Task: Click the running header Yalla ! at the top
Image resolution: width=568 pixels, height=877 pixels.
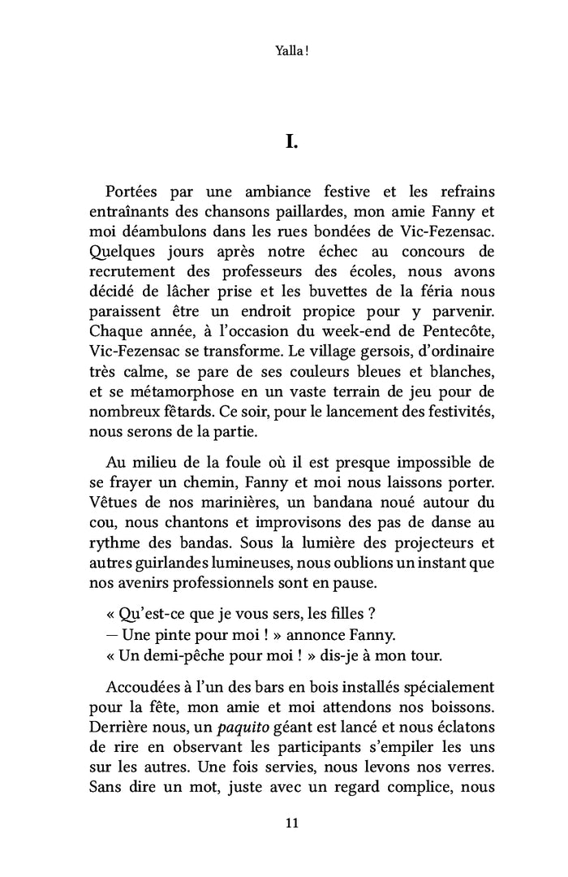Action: (291, 51)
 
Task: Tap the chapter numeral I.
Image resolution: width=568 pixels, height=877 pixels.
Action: (292, 143)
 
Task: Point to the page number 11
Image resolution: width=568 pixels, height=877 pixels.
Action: (292, 823)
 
